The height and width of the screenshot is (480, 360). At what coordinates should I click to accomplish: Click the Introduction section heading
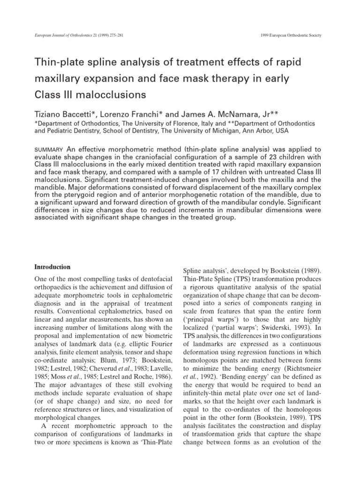coord(52,267)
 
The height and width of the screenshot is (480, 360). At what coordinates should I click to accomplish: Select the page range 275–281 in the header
coord(114,36)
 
